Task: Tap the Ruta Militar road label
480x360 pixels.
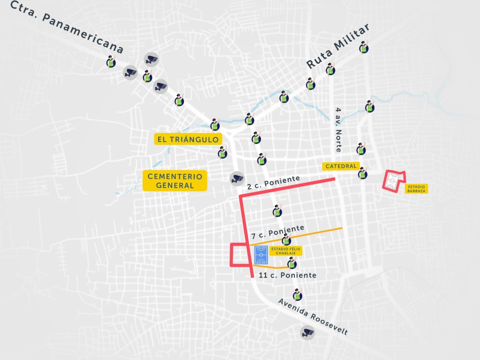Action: [337, 47]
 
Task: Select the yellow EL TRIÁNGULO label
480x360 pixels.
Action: [188, 139]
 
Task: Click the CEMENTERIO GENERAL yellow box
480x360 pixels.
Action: [175, 180]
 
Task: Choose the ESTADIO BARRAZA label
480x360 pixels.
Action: [416, 189]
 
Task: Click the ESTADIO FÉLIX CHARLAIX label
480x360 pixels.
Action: [286, 251]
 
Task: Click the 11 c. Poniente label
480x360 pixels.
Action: [288, 275]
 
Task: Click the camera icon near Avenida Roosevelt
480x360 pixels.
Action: [307, 332]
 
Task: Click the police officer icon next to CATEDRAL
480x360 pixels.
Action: [362, 173]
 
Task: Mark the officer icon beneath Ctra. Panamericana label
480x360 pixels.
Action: [111, 61]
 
